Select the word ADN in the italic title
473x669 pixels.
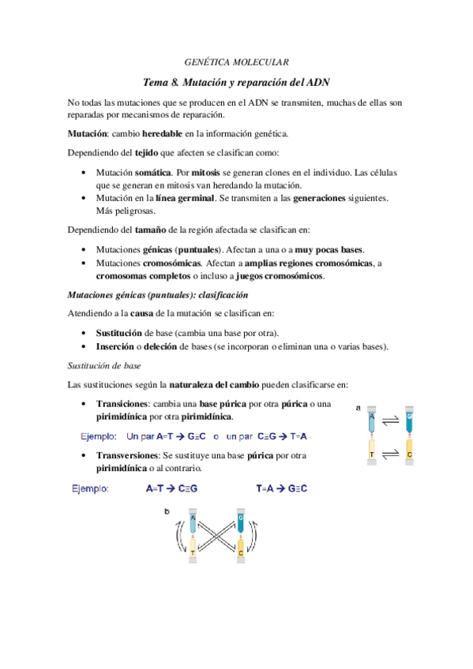pos(318,81)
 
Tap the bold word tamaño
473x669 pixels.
pos(134,230)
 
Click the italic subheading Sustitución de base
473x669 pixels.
pos(104,365)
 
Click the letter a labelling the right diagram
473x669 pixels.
pos(359,408)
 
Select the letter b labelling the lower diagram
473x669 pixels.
pos(167,512)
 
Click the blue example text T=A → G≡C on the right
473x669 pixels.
pos(282,488)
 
